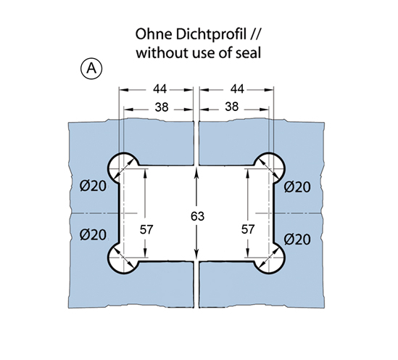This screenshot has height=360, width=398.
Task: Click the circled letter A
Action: [91, 69]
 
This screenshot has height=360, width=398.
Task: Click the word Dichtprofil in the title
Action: [211, 34]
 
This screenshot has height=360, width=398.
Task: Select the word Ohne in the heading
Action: [154, 34]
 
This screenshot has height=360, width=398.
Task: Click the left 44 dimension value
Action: [160, 89]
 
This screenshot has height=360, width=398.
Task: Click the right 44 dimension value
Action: [237, 89]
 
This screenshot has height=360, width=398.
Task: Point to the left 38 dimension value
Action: [162, 107]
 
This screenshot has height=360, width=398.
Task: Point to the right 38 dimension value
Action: [232, 107]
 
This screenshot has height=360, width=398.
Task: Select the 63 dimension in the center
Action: [197, 216]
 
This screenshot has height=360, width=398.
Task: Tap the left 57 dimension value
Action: [146, 229]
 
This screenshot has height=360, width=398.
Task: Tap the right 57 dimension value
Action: [248, 229]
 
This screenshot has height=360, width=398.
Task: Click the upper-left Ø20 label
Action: [93, 187]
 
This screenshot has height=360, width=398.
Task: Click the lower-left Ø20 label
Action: [93, 234]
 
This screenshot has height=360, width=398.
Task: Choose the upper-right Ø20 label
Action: [297, 187]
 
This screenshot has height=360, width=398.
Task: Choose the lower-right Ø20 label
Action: [297, 240]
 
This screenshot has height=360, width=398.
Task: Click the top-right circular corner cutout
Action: [284, 168]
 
